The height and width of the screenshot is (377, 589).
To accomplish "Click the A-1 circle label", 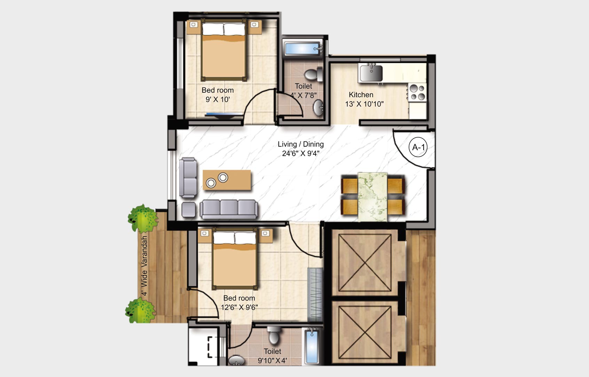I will click(418, 147).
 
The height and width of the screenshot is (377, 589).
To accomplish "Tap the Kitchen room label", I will click(361, 95).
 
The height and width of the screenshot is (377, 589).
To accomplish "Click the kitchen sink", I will click(371, 73).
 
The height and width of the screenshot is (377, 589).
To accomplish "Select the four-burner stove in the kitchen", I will click(417, 92).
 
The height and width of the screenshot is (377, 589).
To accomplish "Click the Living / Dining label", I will click(301, 144).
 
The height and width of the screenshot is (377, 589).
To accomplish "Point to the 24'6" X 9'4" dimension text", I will click(301, 153).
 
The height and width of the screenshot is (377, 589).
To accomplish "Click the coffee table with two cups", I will click(227, 180).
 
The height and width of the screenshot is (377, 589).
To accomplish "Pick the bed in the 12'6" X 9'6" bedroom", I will click(235, 260).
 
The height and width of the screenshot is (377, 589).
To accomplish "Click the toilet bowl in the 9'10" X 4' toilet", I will click(274, 336).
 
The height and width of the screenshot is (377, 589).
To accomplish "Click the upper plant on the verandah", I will click(143, 218).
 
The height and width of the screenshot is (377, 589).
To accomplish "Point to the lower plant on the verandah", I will click(140, 311).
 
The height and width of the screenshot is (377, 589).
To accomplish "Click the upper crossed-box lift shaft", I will click(365, 263).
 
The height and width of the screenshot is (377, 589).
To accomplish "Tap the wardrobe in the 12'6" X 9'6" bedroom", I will click(315, 295).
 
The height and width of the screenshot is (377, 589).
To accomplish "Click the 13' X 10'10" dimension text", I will click(364, 104).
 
